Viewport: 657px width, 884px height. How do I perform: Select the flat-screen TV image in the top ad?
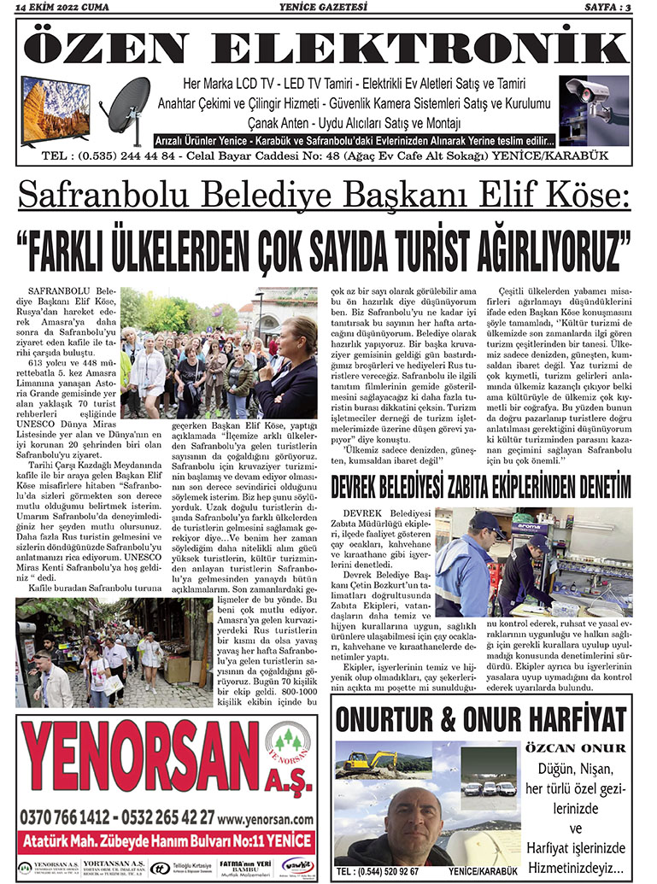point(56,109)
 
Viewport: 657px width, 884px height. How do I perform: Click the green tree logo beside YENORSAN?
point(288,747)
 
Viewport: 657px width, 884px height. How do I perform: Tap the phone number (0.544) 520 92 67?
point(378,871)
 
